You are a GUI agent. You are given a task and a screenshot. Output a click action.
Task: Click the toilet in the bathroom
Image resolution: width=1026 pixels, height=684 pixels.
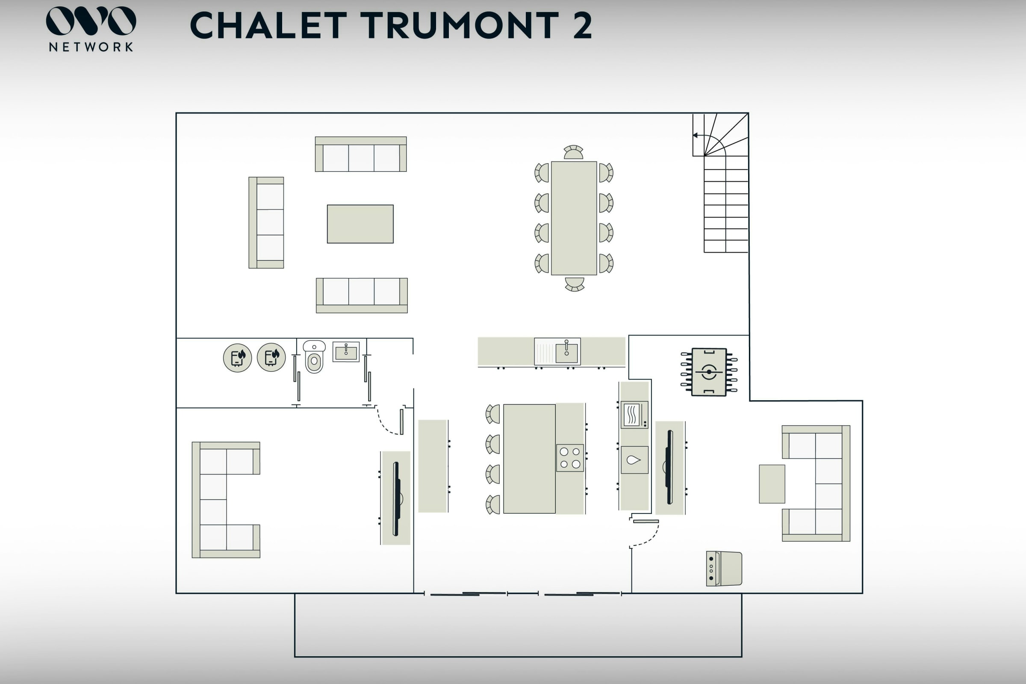point(314,357)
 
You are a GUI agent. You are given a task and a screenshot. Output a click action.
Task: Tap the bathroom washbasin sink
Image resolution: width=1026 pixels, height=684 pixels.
point(346,351)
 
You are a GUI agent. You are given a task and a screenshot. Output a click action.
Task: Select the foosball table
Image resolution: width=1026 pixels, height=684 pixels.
point(709,372)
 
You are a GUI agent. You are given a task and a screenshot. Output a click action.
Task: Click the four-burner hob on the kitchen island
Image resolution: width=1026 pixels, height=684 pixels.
point(570,457)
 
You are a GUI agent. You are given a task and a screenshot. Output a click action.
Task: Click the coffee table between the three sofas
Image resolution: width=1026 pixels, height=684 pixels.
point(360,224)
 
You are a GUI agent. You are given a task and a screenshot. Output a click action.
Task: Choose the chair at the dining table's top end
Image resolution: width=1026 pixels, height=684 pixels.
point(573,152)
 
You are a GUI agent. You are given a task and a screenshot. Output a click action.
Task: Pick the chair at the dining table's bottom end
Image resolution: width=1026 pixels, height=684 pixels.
point(575,284)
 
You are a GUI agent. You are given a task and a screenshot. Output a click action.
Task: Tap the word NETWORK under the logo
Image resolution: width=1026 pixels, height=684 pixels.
point(91,47)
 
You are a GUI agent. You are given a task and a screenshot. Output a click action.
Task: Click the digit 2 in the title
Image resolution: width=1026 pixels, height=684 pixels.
point(582,25)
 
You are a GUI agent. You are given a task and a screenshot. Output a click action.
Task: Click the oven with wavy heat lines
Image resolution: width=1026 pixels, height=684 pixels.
point(634,414)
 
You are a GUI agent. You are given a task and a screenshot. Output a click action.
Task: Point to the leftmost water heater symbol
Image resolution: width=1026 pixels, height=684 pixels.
point(237,358)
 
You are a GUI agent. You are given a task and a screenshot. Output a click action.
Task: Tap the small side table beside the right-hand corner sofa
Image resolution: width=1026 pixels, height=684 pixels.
point(772,484)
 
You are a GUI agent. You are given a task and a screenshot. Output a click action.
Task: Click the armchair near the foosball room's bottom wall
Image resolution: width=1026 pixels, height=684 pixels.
point(724,569)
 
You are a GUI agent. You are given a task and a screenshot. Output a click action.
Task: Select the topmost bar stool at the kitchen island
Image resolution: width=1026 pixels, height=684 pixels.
point(493,414)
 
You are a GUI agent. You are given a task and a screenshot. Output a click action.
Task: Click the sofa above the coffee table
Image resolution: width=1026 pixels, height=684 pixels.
point(361,154)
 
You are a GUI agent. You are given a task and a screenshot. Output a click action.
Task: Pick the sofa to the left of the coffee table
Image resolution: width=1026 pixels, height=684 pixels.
point(266,222)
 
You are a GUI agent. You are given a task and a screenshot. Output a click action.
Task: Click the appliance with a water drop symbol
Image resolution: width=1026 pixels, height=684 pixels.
point(634,460)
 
